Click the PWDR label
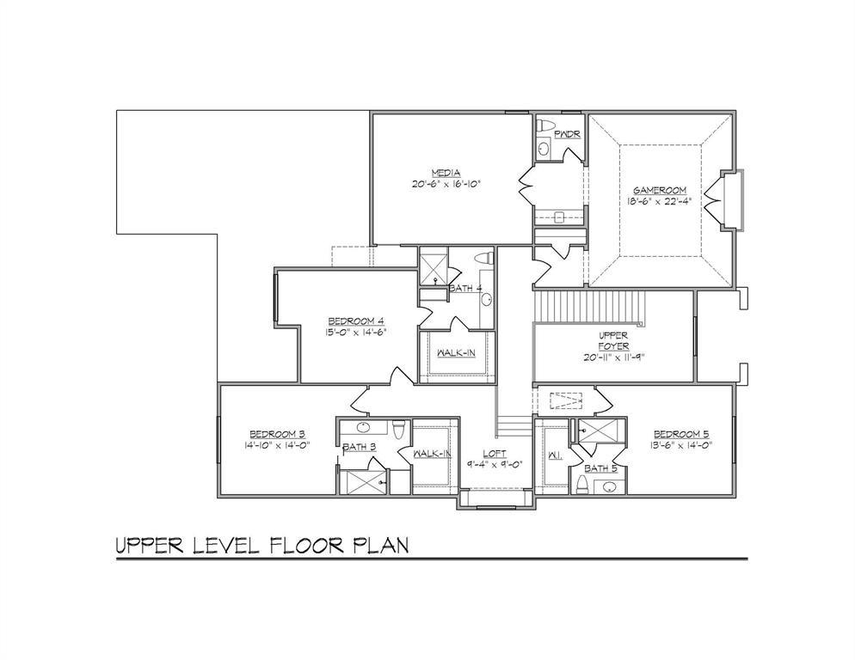coord(567,135)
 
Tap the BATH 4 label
coord(465,289)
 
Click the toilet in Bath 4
coord(483,258)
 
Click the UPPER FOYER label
coord(614,342)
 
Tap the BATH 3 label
coord(359,447)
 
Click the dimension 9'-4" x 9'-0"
coord(494,465)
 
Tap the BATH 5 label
coord(601,468)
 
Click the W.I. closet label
coord(555,455)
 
